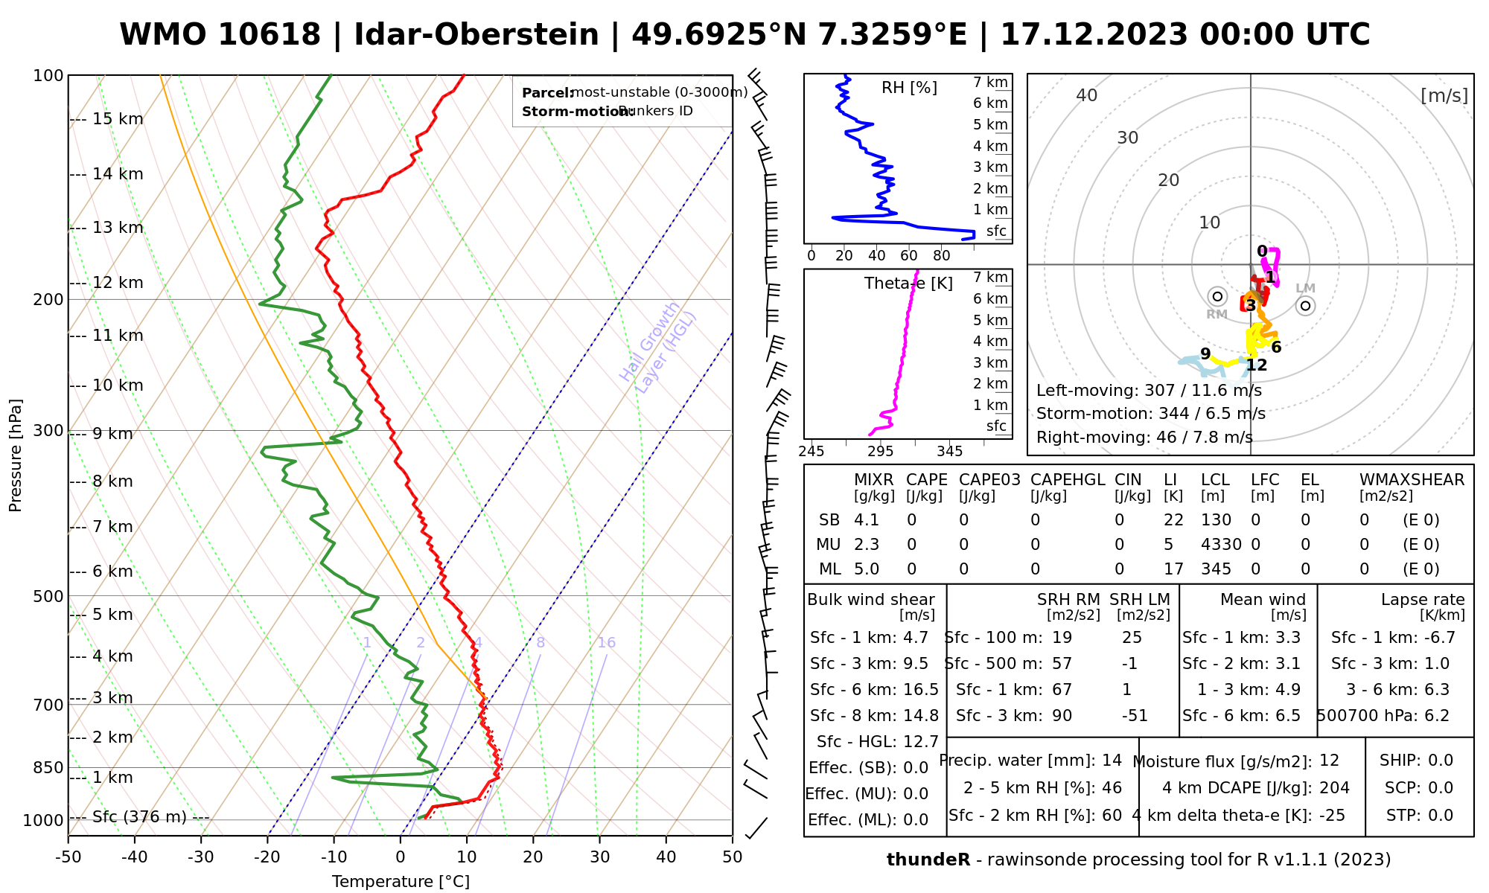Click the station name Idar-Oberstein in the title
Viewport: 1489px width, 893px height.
point(476,35)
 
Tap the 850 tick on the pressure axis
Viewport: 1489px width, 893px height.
point(49,767)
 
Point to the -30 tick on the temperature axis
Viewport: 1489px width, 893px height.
point(201,857)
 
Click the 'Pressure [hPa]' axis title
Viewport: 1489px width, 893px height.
point(16,455)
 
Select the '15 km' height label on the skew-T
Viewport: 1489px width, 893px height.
point(117,119)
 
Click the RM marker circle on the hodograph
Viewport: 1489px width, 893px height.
point(1217,296)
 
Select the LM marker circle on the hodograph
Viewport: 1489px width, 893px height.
point(1305,305)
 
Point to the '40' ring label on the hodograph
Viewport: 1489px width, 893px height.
point(1087,95)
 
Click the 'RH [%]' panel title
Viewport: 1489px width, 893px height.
point(909,88)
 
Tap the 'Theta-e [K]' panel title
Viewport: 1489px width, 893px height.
point(908,284)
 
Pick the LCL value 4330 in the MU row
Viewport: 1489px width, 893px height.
point(1221,545)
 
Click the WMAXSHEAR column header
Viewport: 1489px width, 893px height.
point(1412,480)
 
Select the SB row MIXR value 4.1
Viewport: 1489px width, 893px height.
point(867,520)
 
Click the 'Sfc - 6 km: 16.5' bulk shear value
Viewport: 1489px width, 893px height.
point(874,690)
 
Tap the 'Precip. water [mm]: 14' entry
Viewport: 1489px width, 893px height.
point(1030,761)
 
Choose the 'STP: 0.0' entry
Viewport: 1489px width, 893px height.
point(1419,816)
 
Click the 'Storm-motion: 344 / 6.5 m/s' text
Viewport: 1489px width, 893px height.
point(1150,414)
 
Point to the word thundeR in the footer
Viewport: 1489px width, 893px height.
point(928,860)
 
